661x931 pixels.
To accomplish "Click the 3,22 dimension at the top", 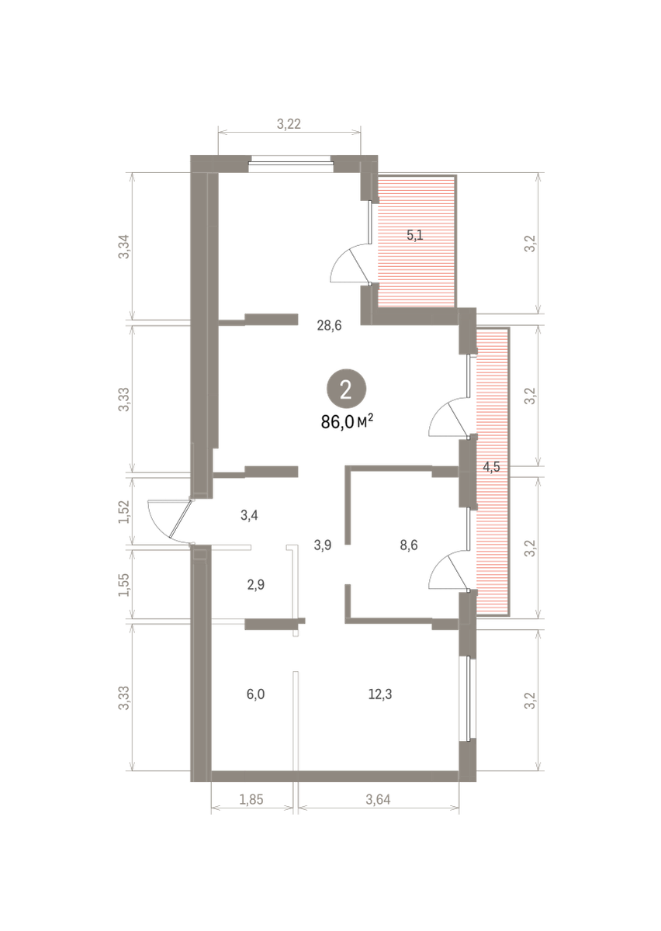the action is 289,124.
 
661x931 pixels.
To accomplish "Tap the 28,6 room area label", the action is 329,325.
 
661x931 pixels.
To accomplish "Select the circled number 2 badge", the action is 346,389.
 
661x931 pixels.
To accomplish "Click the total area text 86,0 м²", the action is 347,422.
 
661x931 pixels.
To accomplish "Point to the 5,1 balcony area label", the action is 415,236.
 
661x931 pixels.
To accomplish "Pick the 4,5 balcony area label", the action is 491,467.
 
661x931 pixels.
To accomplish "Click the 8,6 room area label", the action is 409,545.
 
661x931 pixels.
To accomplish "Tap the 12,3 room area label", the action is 380,694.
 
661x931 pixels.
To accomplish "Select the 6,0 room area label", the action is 256,694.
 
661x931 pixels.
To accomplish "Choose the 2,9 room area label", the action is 256,585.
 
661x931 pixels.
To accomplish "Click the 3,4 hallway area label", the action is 250,515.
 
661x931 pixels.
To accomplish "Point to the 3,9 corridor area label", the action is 323,545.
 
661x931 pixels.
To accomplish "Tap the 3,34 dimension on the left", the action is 124,247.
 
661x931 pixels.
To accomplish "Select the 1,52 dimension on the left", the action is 124,511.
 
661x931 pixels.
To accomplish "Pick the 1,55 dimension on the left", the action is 124,585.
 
